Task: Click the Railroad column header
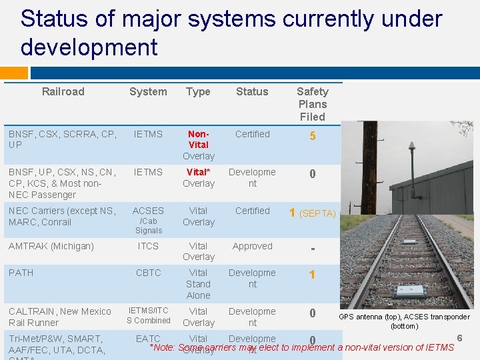[63, 91]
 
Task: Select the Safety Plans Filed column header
[312, 103]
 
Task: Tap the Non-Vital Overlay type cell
[199, 145]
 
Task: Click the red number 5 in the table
[313, 137]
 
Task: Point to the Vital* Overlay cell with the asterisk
[199, 177]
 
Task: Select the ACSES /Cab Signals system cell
[148, 220]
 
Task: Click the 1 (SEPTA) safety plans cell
[312, 213]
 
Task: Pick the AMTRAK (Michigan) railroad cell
[51, 246]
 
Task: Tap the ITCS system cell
[148, 246]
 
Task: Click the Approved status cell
[252, 246]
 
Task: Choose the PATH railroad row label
[21, 273]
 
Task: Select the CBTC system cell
[148, 273]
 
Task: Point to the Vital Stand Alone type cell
[199, 283]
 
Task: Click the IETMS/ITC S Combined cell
[148, 315]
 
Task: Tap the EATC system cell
[148, 339]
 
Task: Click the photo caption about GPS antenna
[404, 321]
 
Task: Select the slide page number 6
[459, 339]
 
